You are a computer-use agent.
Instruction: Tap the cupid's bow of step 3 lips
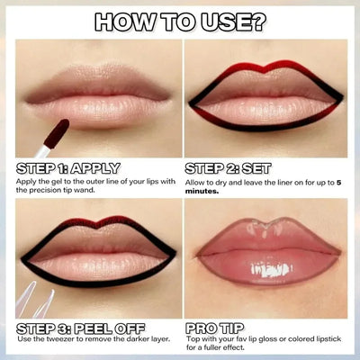[x=93, y=221]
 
